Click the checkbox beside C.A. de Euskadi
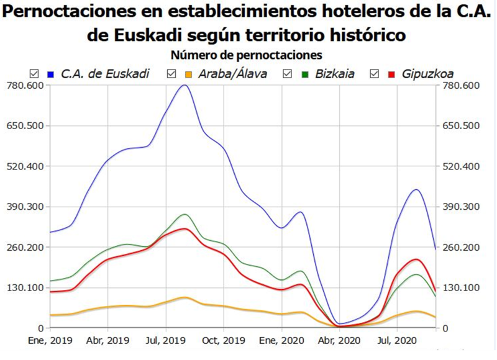point(34,74)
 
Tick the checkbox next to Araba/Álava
point(173,74)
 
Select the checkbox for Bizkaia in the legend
point(287,74)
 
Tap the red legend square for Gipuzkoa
point(391,74)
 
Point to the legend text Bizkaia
point(335,74)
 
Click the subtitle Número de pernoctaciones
point(246,55)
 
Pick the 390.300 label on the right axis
point(460,207)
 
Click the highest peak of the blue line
point(184,85)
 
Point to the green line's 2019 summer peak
point(184,214)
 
